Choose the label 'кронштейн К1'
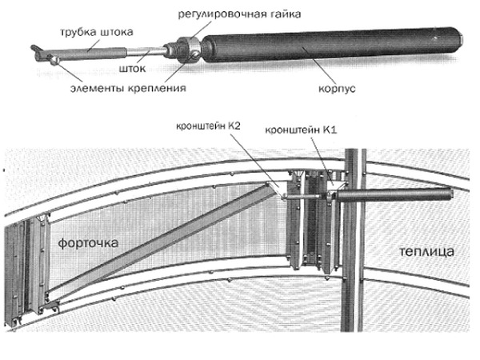pyautogui.click(x=294, y=126)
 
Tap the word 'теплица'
pyautogui.click(x=426, y=251)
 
